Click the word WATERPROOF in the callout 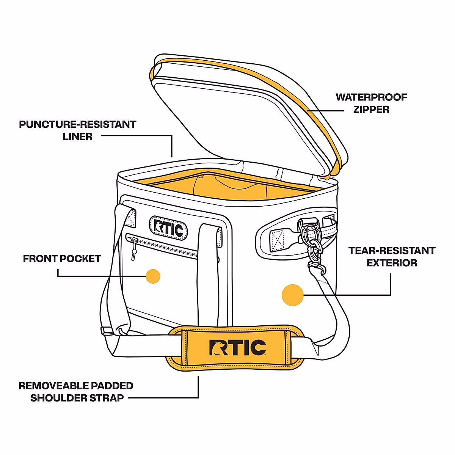point(371,97)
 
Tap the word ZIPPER point(371,110)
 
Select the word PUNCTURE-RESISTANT point(77,124)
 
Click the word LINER point(78,136)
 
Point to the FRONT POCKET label point(62,259)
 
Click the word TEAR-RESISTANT point(392,251)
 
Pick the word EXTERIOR point(392,263)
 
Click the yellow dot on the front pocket point(153,276)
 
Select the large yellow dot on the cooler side point(293,295)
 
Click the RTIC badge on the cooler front point(168,228)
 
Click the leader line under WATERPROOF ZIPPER point(326,111)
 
